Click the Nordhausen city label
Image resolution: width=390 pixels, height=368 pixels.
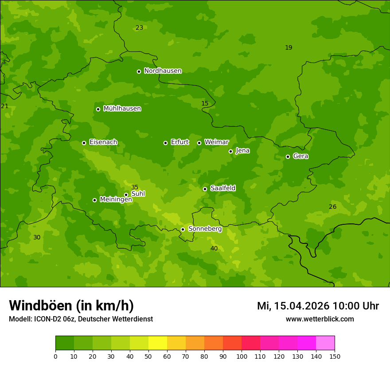pos(163,71)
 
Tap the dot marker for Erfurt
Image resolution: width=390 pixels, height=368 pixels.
pos(165,143)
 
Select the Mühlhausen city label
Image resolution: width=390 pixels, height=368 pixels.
pos(122,109)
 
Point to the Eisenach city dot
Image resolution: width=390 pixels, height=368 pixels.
pos(84,143)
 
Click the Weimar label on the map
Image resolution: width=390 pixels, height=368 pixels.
pos(216,142)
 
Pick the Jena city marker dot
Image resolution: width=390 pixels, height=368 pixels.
pos(230,151)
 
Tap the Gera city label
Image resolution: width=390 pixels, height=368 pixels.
pos(300,156)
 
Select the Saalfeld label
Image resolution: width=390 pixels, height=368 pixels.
pos(222,188)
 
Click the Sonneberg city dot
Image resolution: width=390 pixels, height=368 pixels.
pos(183,229)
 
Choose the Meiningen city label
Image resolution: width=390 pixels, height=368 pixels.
pos(116,200)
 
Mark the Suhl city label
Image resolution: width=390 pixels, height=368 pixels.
pos(138,194)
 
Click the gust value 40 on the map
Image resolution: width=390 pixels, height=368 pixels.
pos(214,248)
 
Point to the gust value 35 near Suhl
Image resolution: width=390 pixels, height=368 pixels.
pos(135,187)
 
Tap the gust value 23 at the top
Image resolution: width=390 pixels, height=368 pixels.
pos(139,27)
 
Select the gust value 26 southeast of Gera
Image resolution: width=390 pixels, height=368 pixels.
pos(332,207)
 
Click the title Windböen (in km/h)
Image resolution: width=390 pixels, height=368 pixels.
pos(71,305)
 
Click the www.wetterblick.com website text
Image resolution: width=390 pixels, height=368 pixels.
pos(320,319)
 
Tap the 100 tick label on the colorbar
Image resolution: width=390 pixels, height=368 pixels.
pos(242,356)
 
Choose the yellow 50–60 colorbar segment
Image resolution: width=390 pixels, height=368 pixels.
pos(158,343)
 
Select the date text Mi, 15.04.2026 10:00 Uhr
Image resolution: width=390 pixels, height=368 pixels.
pos(318,306)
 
